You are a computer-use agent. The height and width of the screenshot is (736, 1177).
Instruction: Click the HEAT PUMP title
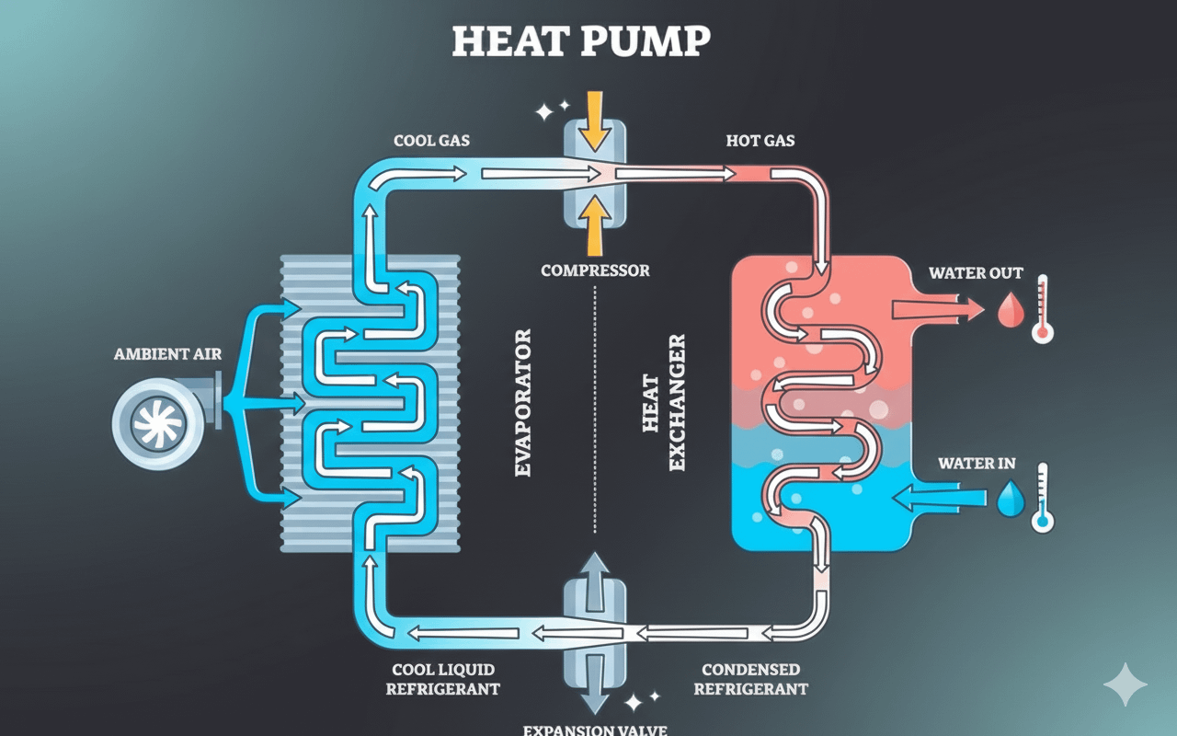tap(581, 42)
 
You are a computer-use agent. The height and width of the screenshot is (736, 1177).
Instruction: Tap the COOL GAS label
tap(432, 141)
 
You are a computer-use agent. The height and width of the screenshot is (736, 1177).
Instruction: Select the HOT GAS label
tap(760, 141)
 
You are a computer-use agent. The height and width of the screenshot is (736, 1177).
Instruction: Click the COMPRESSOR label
tap(595, 270)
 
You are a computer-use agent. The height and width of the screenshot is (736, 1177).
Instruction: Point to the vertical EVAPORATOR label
tap(523, 402)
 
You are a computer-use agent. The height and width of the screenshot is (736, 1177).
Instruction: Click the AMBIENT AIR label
tap(167, 354)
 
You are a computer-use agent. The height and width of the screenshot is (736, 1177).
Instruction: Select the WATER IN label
tap(977, 463)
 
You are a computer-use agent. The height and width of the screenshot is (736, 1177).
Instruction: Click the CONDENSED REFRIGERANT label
tap(750, 679)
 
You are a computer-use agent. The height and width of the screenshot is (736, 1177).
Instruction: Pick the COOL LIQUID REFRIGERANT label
tap(443, 679)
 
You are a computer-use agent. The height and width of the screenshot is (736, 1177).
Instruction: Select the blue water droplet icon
tap(1011, 500)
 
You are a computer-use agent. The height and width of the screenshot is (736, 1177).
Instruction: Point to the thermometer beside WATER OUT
tap(1042, 308)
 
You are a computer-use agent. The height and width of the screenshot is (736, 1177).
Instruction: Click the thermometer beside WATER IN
tap(1042, 498)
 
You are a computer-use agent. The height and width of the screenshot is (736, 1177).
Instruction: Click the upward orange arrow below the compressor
tap(595, 225)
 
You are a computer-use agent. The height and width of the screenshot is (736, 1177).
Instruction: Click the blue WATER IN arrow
tap(938, 498)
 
